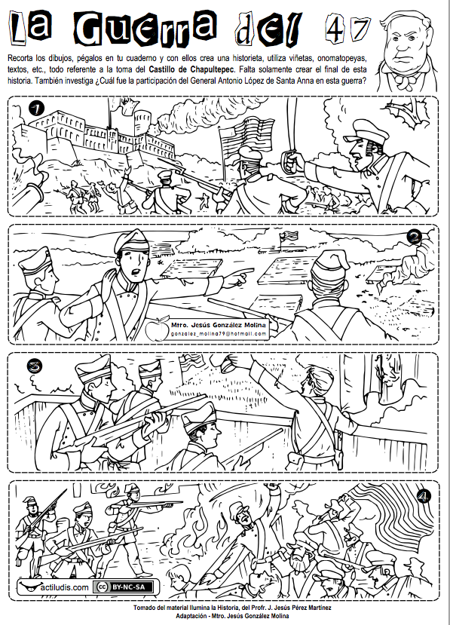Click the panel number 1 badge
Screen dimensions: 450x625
pos(36,108)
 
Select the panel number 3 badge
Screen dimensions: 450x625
pos(35,366)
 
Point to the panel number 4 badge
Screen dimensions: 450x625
pos(424,496)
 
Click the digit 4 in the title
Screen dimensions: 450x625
pos(334,28)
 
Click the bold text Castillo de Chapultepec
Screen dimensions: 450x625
pos(191,69)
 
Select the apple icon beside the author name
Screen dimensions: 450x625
pos(157,329)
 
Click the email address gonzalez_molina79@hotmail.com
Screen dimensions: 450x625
pos(219,334)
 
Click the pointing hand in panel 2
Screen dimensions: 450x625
pos(237,277)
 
